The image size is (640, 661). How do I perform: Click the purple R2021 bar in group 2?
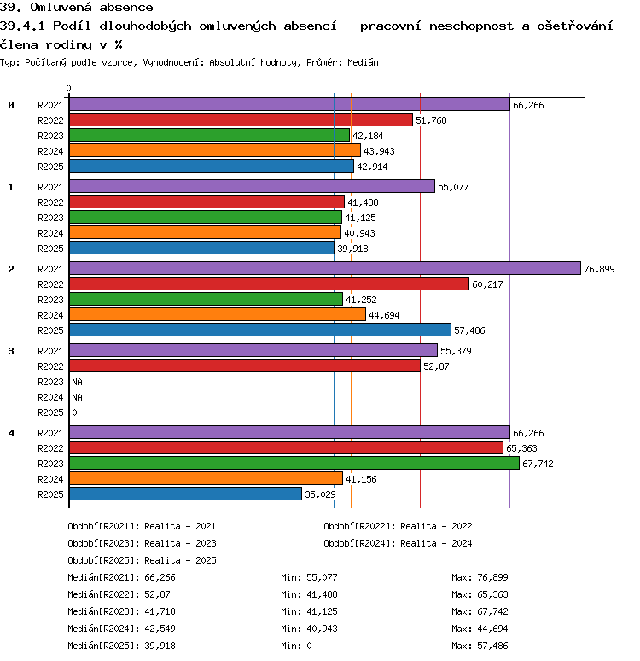325,268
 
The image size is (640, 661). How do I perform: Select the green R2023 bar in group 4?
294,463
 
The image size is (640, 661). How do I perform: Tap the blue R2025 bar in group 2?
260,330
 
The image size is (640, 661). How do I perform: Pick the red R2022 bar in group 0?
241,120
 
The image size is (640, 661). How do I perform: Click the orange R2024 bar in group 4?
206,478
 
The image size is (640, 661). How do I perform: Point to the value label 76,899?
599,269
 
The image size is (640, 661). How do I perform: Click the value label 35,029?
320,494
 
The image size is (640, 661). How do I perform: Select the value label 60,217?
487,284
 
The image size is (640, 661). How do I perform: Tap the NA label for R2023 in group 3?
77,382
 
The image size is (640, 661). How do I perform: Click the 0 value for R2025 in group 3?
74,412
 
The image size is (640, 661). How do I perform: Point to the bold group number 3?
11,351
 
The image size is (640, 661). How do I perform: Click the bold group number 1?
11,187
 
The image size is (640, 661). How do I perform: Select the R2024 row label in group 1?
50,233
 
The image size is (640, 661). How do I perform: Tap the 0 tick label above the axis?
68,88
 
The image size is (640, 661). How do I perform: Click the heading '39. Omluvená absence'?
76,7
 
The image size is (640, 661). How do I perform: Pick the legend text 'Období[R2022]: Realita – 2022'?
398,526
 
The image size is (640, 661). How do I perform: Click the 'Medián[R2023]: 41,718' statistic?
121,611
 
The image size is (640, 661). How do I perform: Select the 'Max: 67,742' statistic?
480,611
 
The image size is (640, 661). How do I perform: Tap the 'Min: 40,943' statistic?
309,629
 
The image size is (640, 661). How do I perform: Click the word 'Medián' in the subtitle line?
363,63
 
